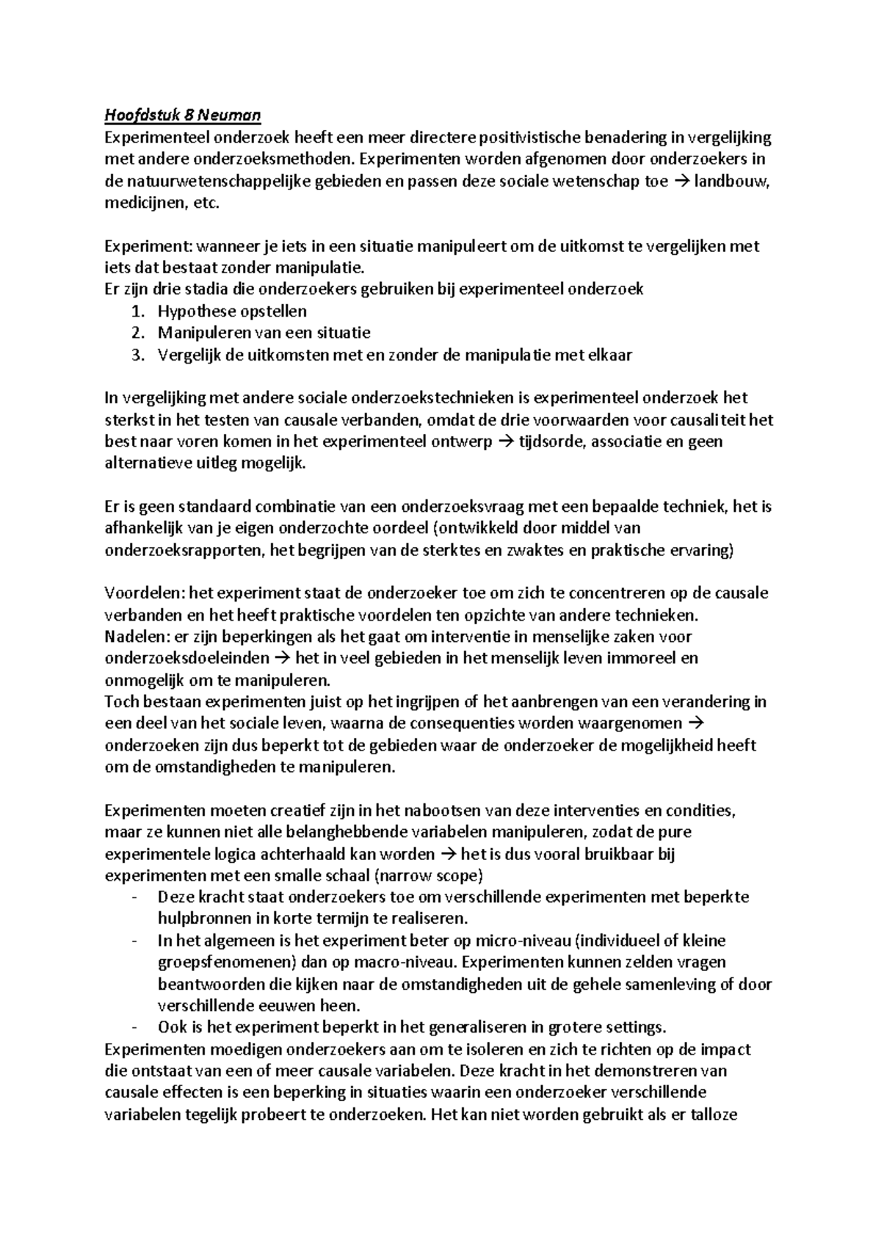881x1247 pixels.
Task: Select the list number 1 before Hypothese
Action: (136, 311)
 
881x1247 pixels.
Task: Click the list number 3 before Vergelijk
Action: (136, 355)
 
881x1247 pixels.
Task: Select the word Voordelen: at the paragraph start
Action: (146, 593)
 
